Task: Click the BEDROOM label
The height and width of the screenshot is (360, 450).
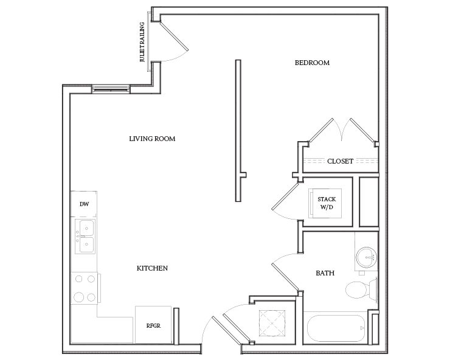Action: pos(312,63)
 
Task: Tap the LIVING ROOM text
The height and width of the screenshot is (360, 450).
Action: pos(152,139)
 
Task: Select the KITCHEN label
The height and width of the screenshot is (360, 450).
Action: pos(152,268)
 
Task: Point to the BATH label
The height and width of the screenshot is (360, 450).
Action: pos(325,274)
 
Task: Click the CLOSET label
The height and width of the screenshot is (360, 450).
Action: pos(340,161)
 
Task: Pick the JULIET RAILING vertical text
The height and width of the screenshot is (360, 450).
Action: pos(142,43)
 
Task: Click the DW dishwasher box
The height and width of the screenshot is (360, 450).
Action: pos(84,204)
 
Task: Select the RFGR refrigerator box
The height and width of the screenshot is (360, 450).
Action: pos(152,325)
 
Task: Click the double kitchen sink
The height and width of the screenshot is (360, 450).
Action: pos(85,237)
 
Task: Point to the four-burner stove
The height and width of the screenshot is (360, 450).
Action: pos(85,288)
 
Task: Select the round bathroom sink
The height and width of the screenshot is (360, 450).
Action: pos(367,257)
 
